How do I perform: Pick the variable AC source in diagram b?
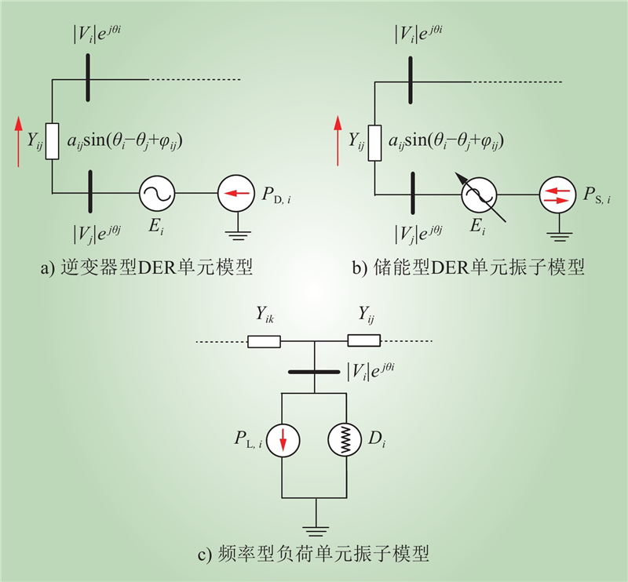point(477,194)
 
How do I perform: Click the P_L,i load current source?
point(282,441)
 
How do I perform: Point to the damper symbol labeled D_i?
point(346,441)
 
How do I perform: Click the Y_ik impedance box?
point(264,341)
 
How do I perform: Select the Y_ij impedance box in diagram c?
point(364,341)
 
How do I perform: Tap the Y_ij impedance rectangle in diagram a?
point(52,141)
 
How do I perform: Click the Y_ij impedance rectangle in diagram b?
point(374,141)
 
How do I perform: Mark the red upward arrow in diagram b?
point(338,141)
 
